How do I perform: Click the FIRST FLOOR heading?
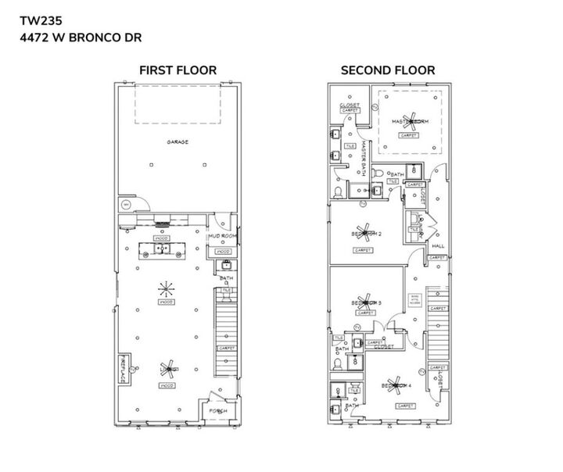(x=178, y=70)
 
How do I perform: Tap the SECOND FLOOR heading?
(x=387, y=70)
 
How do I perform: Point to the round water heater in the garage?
(x=125, y=205)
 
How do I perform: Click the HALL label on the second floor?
(x=438, y=245)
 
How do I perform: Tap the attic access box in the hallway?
(x=414, y=300)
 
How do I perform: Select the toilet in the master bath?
(x=338, y=191)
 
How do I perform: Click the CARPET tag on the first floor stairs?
(x=226, y=348)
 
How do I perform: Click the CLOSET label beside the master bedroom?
(x=350, y=104)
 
